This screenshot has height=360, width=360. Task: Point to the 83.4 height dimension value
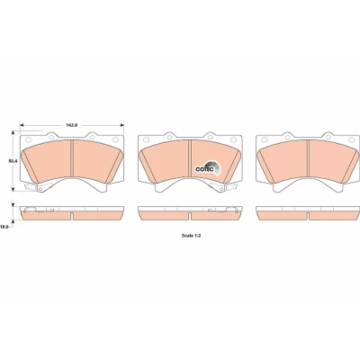click(12, 161)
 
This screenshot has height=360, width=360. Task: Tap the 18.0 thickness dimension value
click(4, 228)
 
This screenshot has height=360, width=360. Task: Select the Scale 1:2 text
click(191, 236)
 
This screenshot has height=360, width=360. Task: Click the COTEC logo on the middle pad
click(208, 168)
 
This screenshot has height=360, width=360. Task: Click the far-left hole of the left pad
click(29, 139)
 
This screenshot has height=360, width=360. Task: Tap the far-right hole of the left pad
click(115, 139)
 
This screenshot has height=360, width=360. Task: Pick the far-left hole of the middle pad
click(147, 139)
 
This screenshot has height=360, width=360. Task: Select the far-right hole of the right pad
click(351, 139)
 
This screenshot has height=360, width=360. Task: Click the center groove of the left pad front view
click(72, 158)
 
